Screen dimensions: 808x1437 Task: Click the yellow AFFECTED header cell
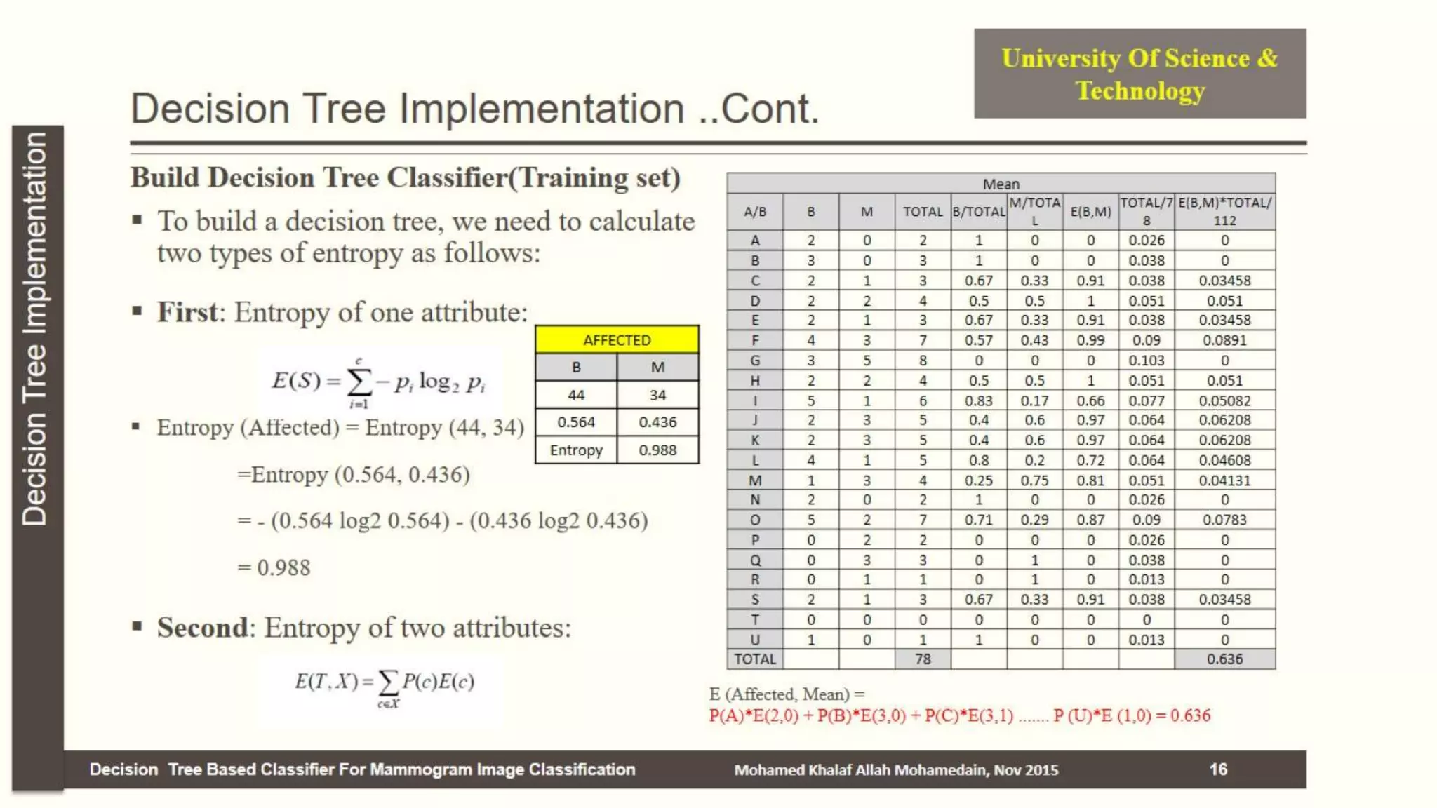[x=617, y=340]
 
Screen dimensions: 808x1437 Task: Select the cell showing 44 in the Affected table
[x=576, y=395]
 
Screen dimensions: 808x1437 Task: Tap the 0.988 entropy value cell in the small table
[x=657, y=450]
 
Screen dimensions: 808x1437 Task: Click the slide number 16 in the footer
[x=1218, y=769]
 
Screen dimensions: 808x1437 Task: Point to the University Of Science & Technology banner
[x=1139, y=74]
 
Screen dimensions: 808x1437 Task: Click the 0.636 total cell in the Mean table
[x=1224, y=659]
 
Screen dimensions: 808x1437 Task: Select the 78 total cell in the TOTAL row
[x=923, y=659]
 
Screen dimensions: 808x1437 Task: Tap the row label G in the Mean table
[x=755, y=361]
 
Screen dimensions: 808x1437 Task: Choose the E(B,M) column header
[x=1090, y=211]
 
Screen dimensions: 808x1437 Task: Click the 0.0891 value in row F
[x=1224, y=340]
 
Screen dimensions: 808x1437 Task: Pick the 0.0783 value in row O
[x=1224, y=520]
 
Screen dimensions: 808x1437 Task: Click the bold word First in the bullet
[x=187, y=312]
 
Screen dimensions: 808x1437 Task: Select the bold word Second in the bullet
[x=202, y=628]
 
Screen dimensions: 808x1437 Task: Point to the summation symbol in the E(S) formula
[x=359, y=383]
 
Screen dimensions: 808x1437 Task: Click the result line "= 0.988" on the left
[x=274, y=567]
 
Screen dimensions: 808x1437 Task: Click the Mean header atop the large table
[x=1001, y=184]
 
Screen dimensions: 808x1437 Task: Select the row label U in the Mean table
[x=755, y=640]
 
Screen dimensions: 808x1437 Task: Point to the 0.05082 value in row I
[x=1224, y=400]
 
